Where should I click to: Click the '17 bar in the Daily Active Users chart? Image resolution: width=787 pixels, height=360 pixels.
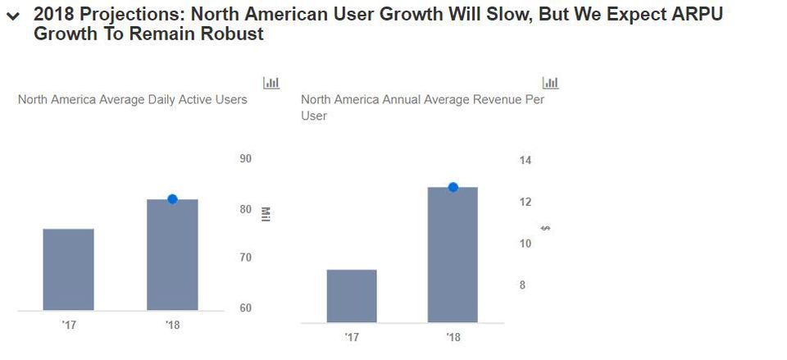pyautogui.click(x=68, y=270)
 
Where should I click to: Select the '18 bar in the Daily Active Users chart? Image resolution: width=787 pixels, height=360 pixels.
pyautogui.click(x=172, y=255)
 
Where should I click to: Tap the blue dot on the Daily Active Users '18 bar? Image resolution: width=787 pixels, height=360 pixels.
pyautogui.click(x=172, y=199)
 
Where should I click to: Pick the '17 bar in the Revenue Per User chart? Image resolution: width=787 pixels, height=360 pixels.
pyautogui.click(x=352, y=296)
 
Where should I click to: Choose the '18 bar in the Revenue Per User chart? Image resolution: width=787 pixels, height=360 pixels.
pyautogui.click(x=453, y=255)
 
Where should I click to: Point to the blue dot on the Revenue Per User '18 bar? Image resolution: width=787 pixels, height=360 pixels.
pyautogui.click(x=453, y=187)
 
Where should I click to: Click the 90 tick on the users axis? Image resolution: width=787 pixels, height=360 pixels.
pyautogui.click(x=245, y=159)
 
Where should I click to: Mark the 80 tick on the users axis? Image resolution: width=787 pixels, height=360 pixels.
pyautogui.click(x=245, y=209)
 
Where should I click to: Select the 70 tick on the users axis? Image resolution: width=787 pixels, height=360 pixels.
pyautogui.click(x=245, y=257)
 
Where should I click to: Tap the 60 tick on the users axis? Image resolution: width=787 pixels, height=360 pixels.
pyautogui.click(x=245, y=308)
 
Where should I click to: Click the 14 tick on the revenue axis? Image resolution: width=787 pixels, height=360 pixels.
pyautogui.click(x=525, y=161)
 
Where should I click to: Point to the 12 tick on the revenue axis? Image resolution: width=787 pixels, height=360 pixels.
pyautogui.click(x=525, y=202)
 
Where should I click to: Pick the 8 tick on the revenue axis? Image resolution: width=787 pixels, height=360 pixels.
pyautogui.click(x=522, y=285)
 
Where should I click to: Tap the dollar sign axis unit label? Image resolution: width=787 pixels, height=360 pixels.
pyautogui.click(x=546, y=227)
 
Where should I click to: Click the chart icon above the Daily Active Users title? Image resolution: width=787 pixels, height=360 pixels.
pyautogui.click(x=271, y=83)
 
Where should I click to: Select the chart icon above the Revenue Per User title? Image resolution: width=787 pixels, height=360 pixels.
pyautogui.click(x=551, y=83)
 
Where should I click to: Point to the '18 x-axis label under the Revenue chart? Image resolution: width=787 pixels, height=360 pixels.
pyautogui.click(x=453, y=337)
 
